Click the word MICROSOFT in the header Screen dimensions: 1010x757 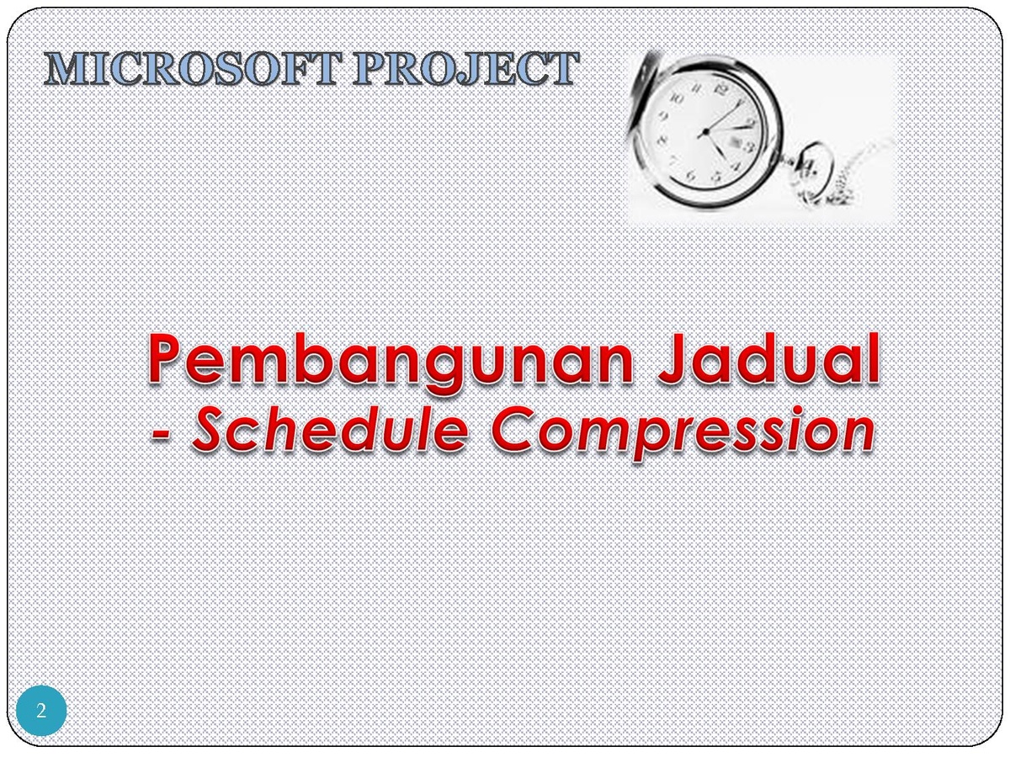click(x=194, y=68)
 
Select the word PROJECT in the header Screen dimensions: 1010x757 click(x=465, y=68)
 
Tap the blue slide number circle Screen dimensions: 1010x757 click(x=41, y=711)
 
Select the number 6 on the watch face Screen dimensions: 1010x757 click(x=691, y=175)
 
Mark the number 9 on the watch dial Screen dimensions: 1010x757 click(x=663, y=117)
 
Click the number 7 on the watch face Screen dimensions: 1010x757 click(x=673, y=161)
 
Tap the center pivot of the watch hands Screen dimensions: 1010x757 click(x=704, y=132)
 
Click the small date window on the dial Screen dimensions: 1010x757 click(x=735, y=140)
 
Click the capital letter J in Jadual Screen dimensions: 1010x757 click(x=676, y=357)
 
